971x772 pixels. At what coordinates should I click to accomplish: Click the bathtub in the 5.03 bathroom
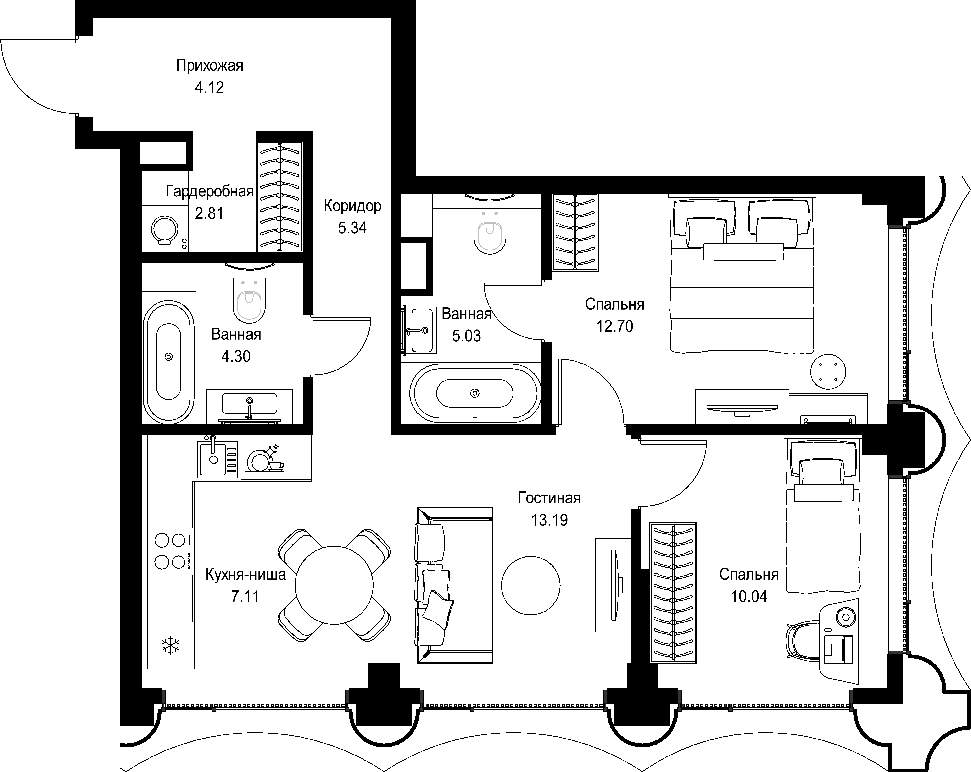475,393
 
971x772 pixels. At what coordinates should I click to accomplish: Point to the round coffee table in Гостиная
530,586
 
